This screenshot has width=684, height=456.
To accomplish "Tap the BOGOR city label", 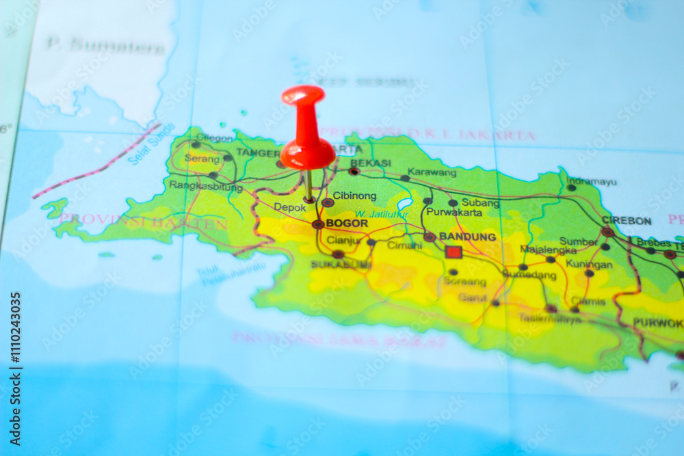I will (x=347, y=223).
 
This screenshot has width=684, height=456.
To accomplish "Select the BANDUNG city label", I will (x=467, y=237).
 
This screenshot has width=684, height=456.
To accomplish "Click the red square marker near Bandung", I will (x=453, y=252).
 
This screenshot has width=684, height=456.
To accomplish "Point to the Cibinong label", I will (x=354, y=196).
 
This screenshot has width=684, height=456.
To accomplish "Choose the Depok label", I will (x=290, y=207).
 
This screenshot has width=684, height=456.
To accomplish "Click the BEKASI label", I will (x=370, y=163).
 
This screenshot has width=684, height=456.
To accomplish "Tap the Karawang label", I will (x=432, y=172).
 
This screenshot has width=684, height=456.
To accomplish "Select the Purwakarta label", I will (x=454, y=213).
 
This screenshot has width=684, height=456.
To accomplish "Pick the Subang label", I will (x=480, y=202).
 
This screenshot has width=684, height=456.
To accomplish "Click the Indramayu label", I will (x=592, y=181).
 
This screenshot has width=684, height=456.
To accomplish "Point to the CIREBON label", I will (x=627, y=220).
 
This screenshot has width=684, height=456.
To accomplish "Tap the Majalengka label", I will (x=548, y=249).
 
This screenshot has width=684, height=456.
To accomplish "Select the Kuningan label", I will (x=589, y=264).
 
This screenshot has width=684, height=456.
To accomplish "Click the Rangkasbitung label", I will (x=206, y=185).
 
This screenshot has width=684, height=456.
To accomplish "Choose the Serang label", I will (x=202, y=159).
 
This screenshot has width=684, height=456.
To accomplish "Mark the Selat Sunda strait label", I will (x=151, y=144).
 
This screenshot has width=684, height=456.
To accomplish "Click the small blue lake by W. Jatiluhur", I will (x=404, y=204).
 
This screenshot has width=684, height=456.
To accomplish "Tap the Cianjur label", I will (x=344, y=240).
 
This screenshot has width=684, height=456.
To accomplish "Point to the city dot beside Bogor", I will (x=318, y=224).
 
